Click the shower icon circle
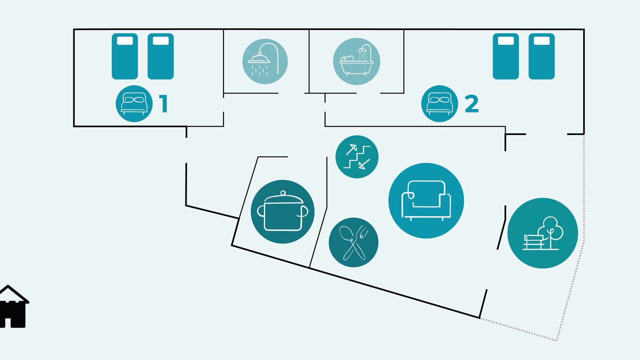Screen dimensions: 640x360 coord(265,61)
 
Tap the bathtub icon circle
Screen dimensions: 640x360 coord(356,61)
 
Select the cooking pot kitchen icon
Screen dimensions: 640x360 coord(282,211)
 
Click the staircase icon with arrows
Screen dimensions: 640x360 coord(357,157)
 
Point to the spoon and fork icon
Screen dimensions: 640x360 coord(353,242)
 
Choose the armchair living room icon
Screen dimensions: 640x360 coord(426,200)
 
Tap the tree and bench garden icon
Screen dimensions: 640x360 coord(542,233)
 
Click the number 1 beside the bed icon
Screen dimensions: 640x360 coord(163,103)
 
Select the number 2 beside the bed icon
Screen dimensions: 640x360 coord(471,104)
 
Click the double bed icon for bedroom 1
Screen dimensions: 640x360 coord(134,103)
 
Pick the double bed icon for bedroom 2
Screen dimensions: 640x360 coord(439,103)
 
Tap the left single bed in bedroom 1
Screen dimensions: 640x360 coord(125,56)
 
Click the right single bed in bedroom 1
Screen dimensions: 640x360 coord(160,56)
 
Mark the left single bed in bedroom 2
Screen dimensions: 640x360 coord(505,56)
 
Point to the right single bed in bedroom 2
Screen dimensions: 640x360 coord(541,56)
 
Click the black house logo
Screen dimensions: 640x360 coord(13,306)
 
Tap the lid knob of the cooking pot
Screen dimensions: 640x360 coord(283,193)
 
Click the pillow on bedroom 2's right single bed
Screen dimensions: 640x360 coord(541,41)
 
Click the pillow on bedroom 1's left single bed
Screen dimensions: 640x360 coord(125,41)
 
